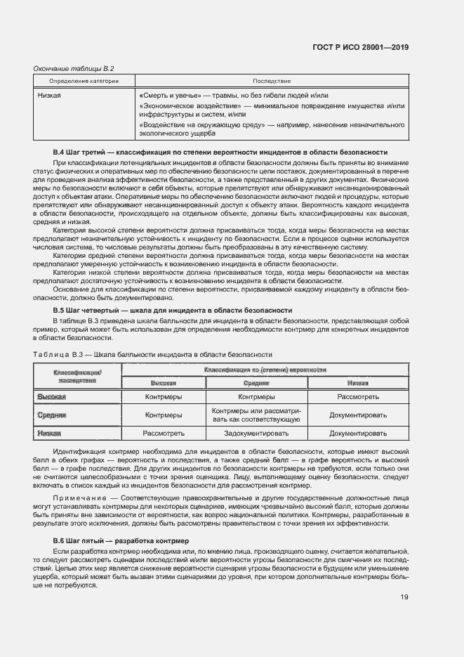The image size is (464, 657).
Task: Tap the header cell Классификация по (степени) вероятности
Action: pos(265,369)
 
